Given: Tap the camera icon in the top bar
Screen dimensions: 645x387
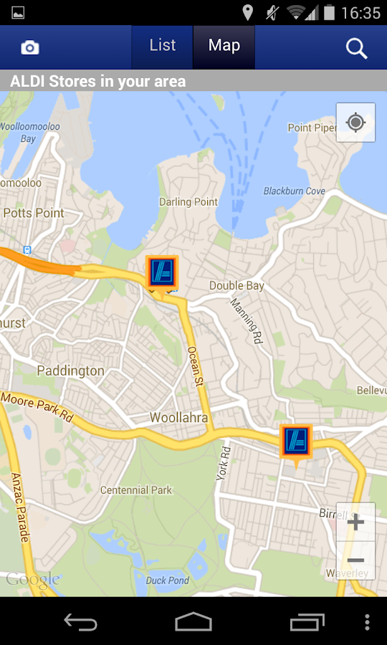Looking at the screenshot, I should coord(30,47).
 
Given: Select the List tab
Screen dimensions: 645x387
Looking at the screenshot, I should coord(163,46).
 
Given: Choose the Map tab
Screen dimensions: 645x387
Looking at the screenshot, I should coord(224,46).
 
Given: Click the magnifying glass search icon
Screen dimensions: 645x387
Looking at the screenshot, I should coord(356,48).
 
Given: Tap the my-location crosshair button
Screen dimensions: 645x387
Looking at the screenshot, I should coord(355,123).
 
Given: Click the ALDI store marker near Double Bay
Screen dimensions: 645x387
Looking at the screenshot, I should coord(161,272).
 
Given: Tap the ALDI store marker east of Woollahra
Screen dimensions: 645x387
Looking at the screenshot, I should coord(295,441).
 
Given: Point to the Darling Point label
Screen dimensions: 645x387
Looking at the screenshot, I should coord(188,201).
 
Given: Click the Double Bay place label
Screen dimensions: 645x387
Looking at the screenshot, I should coord(236,285).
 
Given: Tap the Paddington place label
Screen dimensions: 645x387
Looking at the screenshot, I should coord(70,371).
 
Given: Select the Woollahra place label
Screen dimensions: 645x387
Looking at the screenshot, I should coord(178,418).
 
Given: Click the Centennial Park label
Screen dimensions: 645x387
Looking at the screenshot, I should coord(136,490).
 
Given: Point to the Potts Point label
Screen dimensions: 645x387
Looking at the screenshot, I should coord(34,213).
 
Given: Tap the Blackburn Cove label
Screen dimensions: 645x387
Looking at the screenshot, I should coord(294,191).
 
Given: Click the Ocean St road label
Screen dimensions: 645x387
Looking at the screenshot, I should coord(196,366).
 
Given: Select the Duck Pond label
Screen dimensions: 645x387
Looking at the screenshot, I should coord(167,580).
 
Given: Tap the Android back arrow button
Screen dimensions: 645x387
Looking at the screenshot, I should coord(80,621).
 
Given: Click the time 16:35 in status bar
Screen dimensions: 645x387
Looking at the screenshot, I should coord(360,12).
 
